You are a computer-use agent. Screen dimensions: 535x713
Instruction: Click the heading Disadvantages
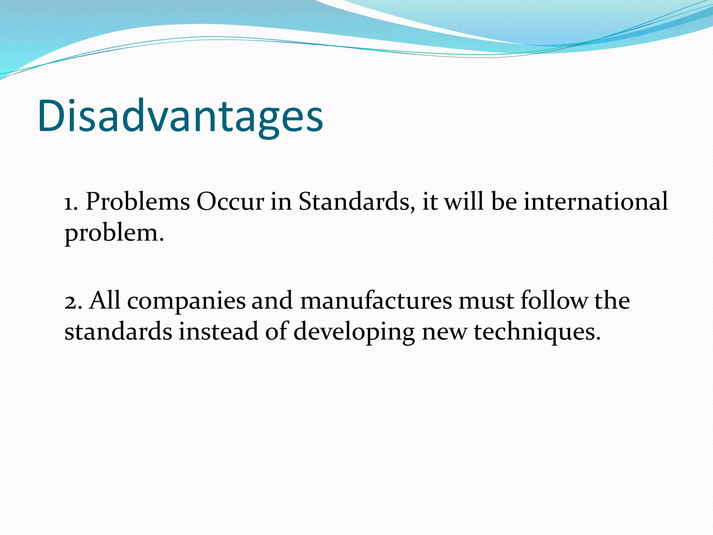[x=181, y=117]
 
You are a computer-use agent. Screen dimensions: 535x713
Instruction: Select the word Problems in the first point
[x=138, y=202]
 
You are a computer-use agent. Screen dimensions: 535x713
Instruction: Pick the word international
[x=596, y=202]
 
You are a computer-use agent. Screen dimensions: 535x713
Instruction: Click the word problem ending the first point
[x=113, y=233]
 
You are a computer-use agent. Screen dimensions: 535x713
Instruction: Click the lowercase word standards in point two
[x=118, y=331]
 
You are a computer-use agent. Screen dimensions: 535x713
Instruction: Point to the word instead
[x=219, y=331]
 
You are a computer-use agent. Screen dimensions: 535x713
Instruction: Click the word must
[x=486, y=301]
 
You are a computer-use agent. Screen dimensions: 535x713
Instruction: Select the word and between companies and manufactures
[x=272, y=301]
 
